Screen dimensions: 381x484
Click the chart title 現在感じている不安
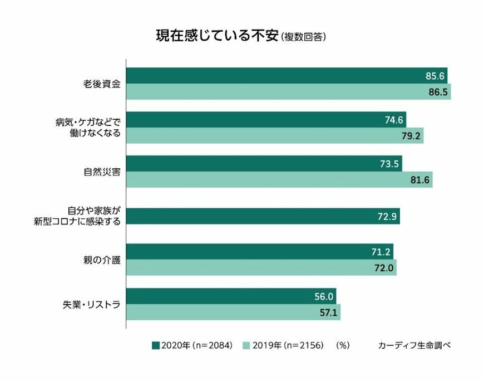216,36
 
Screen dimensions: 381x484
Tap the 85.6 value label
433,76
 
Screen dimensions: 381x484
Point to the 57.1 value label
326,312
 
